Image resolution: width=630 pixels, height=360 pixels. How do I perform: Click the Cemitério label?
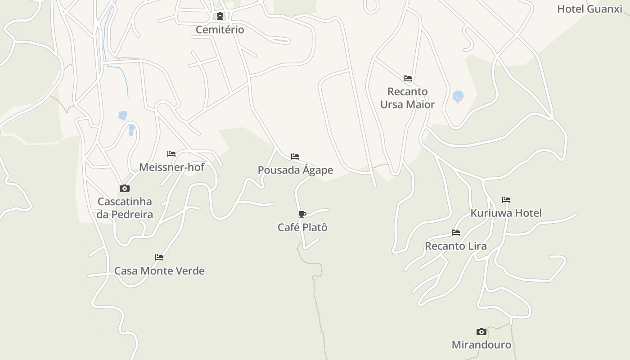pyautogui.click(x=220, y=30)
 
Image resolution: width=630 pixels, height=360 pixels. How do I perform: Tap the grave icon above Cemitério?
pyautogui.click(x=220, y=17)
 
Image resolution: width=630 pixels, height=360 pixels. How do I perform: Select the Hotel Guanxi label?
pyautogui.click(x=589, y=9)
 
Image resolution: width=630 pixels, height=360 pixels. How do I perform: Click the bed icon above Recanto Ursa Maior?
pyautogui.click(x=408, y=78)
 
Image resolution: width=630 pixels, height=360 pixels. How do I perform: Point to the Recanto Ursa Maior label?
pyautogui.click(x=407, y=98)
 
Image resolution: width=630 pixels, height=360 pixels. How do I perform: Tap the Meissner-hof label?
pyautogui.click(x=171, y=167)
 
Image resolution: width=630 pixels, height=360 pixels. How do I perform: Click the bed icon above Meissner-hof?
pyautogui.click(x=171, y=154)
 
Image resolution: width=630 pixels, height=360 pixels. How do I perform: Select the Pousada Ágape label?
pyautogui.click(x=295, y=170)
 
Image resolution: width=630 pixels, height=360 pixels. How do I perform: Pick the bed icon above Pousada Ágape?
pyautogui.click(x=295, y=157)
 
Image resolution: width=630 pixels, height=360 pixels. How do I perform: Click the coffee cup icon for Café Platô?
pyautogui.click(x=302, y=214)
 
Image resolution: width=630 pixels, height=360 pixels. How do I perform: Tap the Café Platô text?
pyautogui.click(x=302, y=227)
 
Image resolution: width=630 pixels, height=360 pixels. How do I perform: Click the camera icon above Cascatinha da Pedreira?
pyautogui.click(x=125, y=188)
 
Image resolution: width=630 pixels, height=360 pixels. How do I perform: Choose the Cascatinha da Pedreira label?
pyautogui.click(x=125, y=208)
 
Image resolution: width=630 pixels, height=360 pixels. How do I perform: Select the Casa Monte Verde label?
pyautogui.click(x=159, y=271)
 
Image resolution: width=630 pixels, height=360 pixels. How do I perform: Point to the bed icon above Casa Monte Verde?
pyautogui.click(x=159, y=257)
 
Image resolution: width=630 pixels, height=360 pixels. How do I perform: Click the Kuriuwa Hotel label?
pyautogui.click(x=506, y=213)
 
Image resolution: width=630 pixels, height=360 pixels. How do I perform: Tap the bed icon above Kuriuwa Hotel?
pyautogui.click(x=506, y=200)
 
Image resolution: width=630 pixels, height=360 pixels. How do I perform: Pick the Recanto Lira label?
pyautogui.click(x=456, y=246)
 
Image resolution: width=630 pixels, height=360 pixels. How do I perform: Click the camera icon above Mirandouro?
pyautogui.click(x=481, y=332)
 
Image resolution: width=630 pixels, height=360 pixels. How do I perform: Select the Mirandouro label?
pyautogui.click(x=481, y=345)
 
